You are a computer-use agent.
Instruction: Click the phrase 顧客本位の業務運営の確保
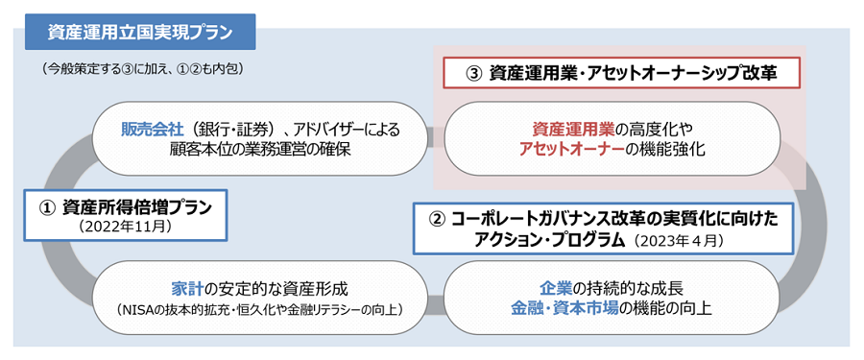(260, 149)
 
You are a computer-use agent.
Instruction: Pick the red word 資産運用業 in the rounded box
(572, 130)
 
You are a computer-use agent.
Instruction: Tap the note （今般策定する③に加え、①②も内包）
(142, 70)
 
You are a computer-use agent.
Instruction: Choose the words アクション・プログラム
(542, 241)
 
